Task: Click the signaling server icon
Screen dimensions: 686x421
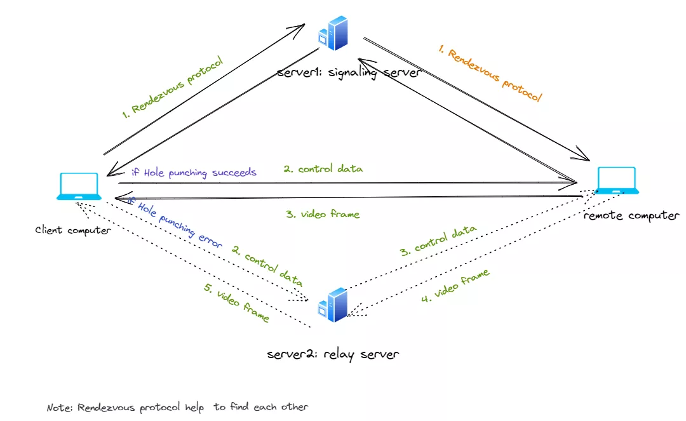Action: [333, 33]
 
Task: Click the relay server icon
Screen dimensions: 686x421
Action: [333, 305]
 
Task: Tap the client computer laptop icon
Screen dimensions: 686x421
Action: [79, 187]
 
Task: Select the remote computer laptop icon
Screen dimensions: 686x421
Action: [617, 180]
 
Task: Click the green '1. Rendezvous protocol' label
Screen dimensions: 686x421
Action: [172, 88]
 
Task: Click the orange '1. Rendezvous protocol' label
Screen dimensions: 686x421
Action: [490, 74]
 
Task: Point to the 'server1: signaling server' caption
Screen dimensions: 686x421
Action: [349, 72]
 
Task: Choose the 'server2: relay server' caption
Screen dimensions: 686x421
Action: [333, 354]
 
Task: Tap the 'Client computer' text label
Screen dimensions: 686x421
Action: [73, 231]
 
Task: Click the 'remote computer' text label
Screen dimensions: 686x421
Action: [632, 215]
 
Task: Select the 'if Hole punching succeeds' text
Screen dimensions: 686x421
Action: [194, 173]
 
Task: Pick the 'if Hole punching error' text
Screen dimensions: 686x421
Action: [175, 223]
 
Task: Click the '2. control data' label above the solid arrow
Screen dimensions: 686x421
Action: [323, 169]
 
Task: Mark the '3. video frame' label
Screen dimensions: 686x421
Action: [323, 214]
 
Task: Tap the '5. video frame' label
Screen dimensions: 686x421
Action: [236, 302]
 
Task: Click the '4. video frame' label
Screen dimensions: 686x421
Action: [455, 286]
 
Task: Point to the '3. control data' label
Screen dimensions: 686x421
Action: [438, 241]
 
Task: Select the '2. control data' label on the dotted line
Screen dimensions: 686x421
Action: [267, 266]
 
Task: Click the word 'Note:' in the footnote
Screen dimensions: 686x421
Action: [60, 408]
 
